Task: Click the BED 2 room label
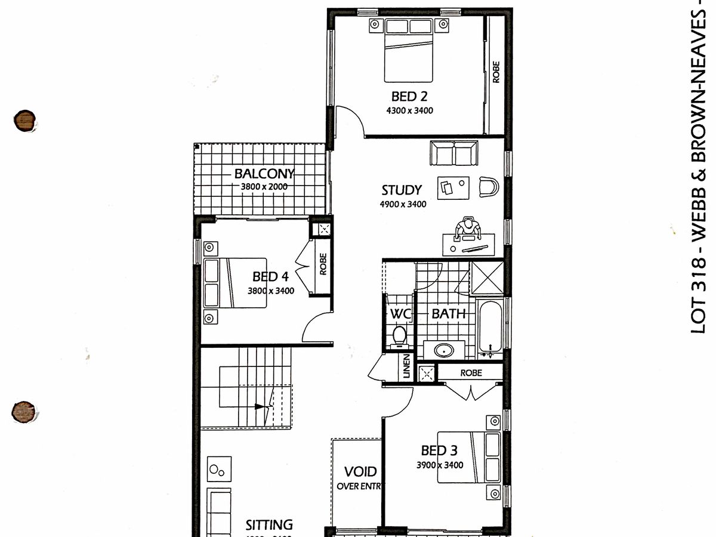tap(409, 96)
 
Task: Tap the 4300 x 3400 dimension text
tap(409, 110)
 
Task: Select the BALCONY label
tap(264, 174)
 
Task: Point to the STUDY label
tap(402, 190)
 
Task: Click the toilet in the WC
tap(398, 336)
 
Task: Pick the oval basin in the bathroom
tap(444, 350)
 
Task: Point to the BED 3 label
tap(440, 450)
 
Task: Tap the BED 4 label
tap(270, 277)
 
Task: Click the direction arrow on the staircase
tap(260, 406)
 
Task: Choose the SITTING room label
tap(269, 525)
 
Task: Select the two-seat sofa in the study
tap(454, 153)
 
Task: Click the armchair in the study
tap(488, 187)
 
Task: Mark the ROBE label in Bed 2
tap(496, 72)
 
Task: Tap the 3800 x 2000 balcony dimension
tap(264, 187)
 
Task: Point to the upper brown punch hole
tap(24, 120)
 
